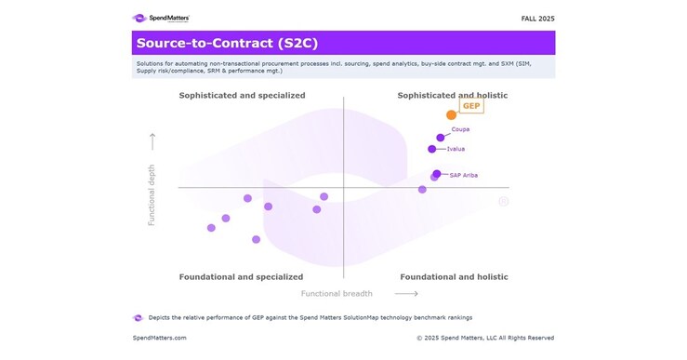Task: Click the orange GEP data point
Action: click(x=452, y=114)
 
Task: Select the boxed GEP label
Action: click(x=471, y=106)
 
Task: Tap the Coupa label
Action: click(x=460, y=129)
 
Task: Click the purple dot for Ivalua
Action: click(x=431, y=149)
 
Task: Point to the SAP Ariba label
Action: click(x=463, y=175)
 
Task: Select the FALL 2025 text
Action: click(x=537, y=18)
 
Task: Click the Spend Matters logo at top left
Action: click(x=161, y=18)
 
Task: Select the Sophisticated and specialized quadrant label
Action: click(x=242, y=95)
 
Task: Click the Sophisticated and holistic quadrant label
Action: click(x=452, y=95)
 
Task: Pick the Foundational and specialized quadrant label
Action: click(x=241, y=276)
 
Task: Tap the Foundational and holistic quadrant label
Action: click(x=454, y=276)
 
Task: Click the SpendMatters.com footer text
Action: click(x=160, y=338)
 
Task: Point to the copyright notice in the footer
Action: click(x=485, y=338)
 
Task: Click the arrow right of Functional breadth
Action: click(x=393, y=293)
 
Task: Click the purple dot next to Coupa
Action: click(x=441, y=138)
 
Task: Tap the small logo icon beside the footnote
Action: click(x=138, y=317)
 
